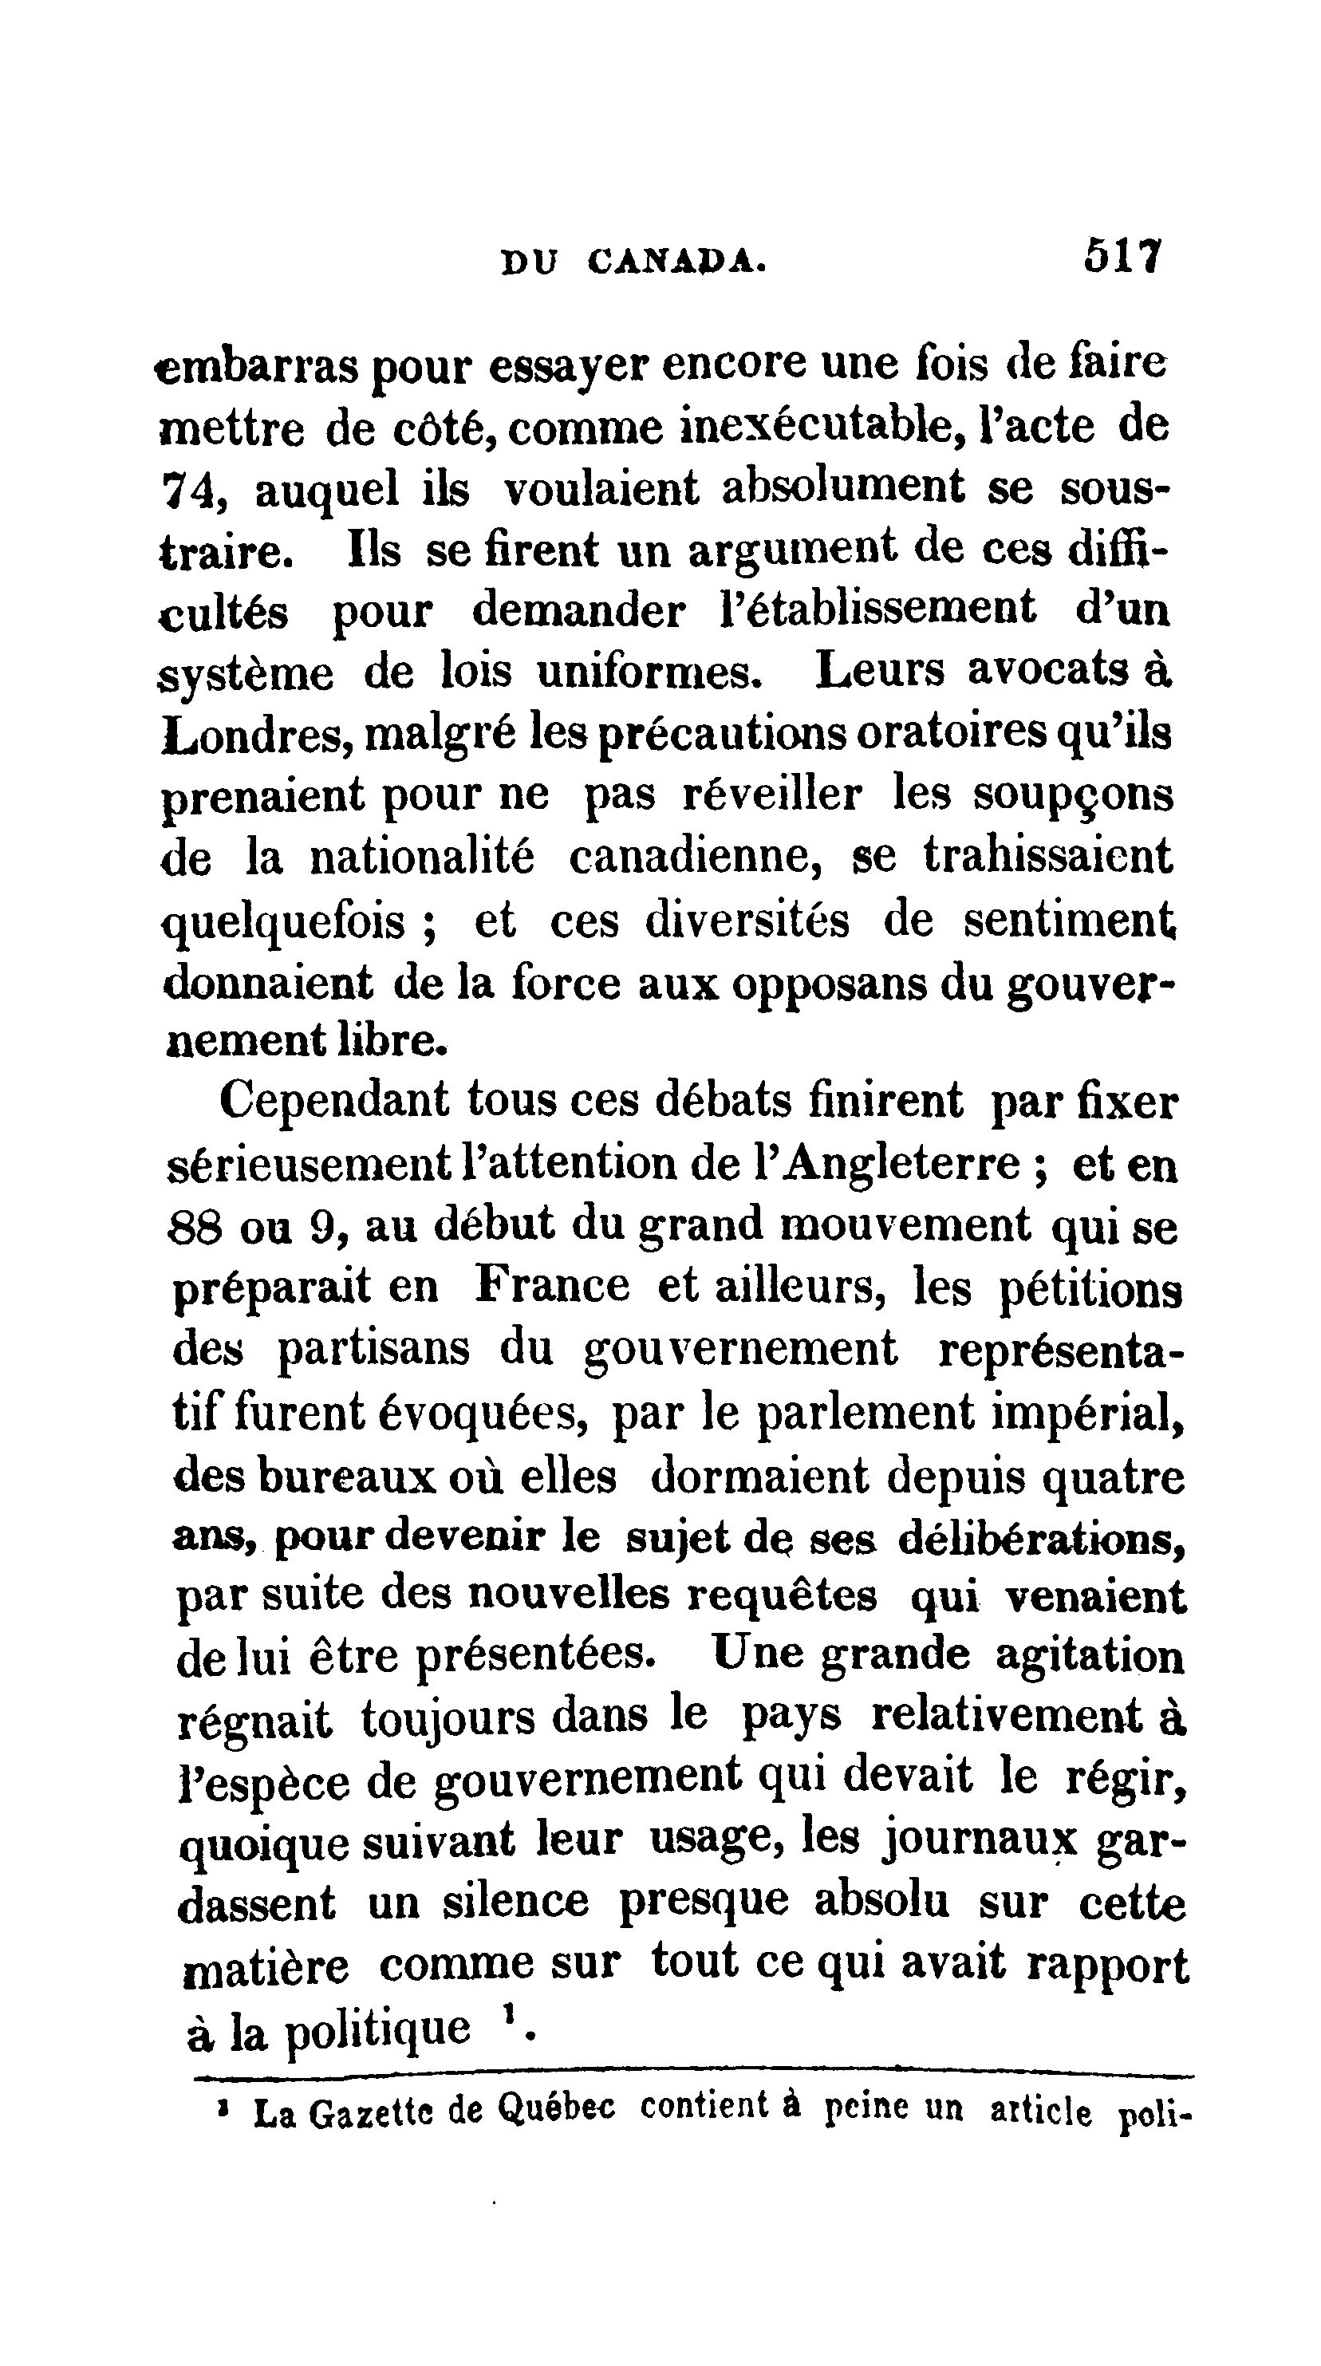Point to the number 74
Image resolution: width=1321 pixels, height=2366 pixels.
[x=190, y=491]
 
